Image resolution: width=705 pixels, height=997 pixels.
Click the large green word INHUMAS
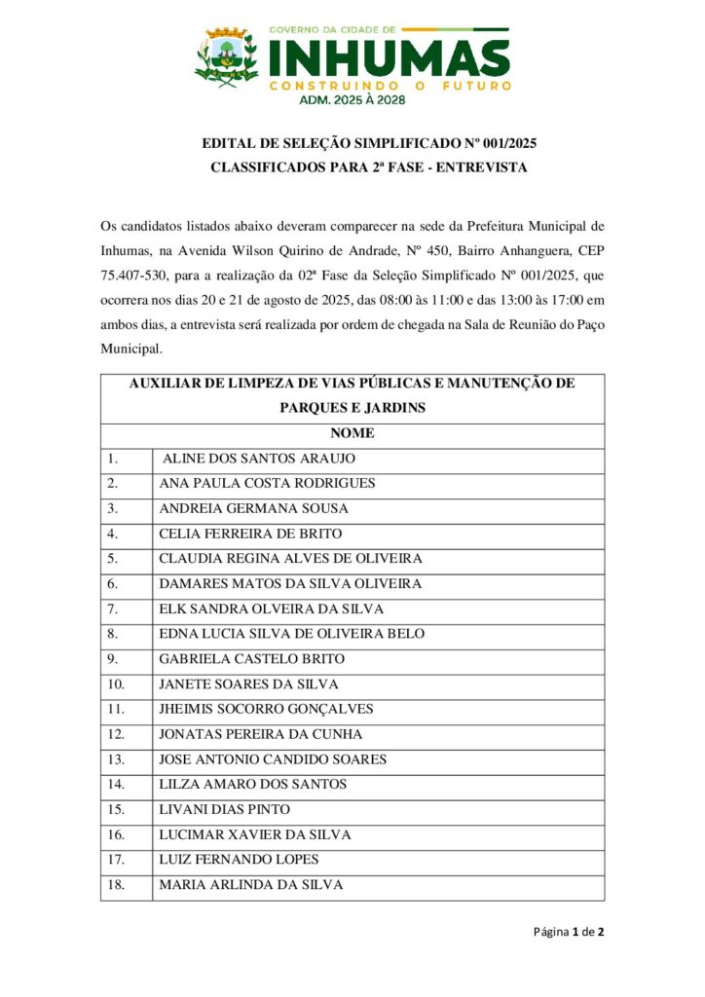tap(389, 57)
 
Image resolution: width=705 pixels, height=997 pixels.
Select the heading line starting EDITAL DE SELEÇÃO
tap(369, 143)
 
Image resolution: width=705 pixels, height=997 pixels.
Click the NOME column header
tap(352, 433)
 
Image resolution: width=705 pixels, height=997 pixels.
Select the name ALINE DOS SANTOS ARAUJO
tap(258, 458)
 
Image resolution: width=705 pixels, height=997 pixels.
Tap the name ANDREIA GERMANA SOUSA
tap(253, 508)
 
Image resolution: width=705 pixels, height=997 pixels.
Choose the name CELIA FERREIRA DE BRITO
tap(250, 534)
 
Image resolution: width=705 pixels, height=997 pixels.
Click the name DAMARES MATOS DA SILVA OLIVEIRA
tap(290, 584)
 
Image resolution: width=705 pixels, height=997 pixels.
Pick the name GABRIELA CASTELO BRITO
tap(251, 659)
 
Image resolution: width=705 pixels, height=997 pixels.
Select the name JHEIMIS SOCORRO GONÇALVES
tap(266, 709)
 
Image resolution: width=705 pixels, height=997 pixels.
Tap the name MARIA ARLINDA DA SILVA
tap(250, 885)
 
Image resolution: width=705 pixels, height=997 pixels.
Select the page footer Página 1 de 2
tap(569, 932)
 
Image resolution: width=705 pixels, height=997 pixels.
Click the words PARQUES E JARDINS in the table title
tap(352, 408)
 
